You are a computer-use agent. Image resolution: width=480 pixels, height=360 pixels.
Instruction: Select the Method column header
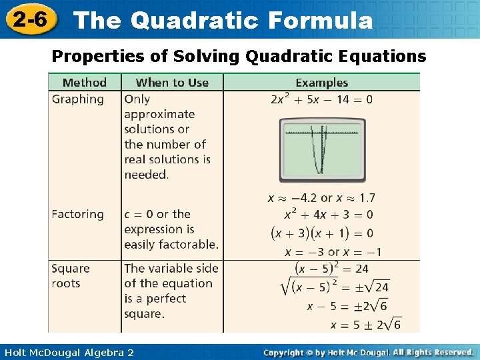(x=84, y=83)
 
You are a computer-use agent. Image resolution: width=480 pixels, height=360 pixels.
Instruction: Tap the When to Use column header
(x=172, y=83)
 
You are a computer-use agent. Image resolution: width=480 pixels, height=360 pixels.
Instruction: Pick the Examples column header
(x=321, y=83)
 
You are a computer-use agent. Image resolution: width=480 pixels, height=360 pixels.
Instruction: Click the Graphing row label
(x=78, y=99)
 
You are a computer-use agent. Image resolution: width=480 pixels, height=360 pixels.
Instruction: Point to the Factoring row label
(x=78, y=214)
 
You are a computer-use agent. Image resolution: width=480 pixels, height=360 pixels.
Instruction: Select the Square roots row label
(x=70, y=275)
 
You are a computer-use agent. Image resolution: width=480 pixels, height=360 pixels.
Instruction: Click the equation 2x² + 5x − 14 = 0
(x=321, y=100)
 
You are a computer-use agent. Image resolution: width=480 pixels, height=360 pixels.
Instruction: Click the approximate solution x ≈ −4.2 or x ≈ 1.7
(x=321, y=198)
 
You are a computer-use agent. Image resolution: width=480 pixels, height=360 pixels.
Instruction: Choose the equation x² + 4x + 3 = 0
(x=328, y=215)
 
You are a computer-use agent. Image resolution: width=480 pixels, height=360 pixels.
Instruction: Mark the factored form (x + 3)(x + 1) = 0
(x=321, y=233)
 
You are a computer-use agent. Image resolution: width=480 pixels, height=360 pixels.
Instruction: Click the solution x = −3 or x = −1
(x=333, y=252)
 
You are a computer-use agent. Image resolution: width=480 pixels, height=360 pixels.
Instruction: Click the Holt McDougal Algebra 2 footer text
(x=67, y=352)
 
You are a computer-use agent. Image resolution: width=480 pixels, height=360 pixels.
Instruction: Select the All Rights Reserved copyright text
(x=433, y=351)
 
